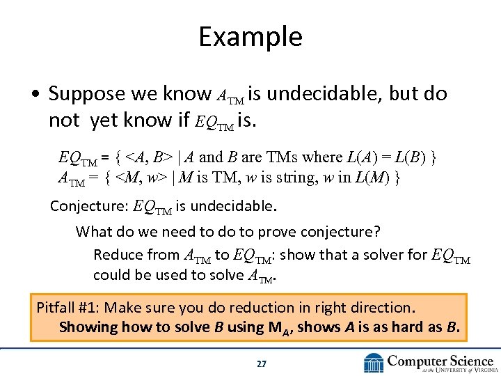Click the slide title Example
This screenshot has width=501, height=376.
(250, 36)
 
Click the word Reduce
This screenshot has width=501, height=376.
(116, 254)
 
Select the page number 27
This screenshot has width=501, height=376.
(261, 363)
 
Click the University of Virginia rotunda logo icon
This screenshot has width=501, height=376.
(374, 363)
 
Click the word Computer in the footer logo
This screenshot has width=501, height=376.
(417, 360)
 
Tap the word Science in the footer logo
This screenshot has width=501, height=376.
(470, 360)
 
